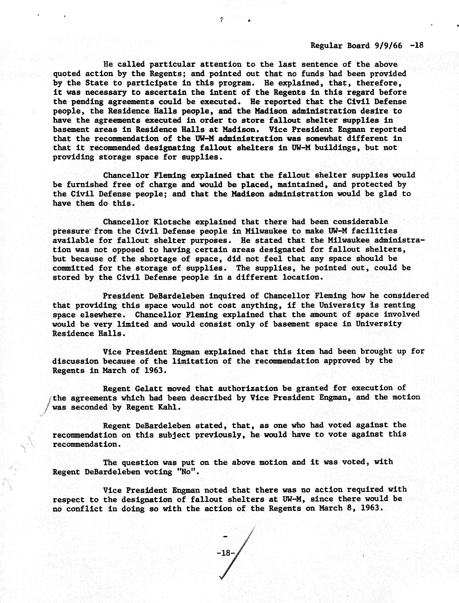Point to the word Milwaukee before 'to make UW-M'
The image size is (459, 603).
[x=266, y=231]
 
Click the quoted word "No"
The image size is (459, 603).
[x=187, y=472]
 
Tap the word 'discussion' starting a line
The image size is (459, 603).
[x=75, y=361]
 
